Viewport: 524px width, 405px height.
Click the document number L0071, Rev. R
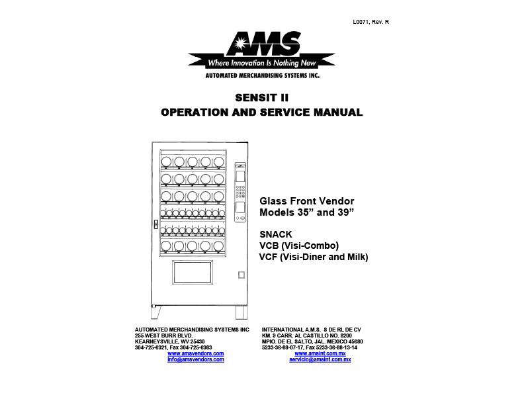tap(371, 22)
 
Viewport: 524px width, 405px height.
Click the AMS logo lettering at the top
tap(262, 45)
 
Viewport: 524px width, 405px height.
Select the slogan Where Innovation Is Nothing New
tap(262, 64)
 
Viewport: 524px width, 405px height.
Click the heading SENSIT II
tap(262, 98)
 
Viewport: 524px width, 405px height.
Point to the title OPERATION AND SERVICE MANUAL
tap(262, 112)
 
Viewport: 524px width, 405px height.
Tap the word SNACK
tap(276, 234)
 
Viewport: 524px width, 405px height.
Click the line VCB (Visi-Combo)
tap(299, 246)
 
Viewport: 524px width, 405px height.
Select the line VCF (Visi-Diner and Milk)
tap(314, 257)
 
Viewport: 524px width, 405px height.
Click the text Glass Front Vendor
tap(307, 201)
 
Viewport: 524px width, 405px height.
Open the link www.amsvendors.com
tap(195, 353)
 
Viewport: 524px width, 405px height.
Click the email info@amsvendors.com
tap(195, 359)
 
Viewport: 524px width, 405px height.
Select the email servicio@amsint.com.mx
tap(320, 359)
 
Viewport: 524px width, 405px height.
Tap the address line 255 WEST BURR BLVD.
tap(163, 336)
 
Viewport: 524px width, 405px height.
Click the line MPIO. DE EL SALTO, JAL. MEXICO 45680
tap(312, 341)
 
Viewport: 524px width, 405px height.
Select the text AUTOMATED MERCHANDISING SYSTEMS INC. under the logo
tap(262, 76)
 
